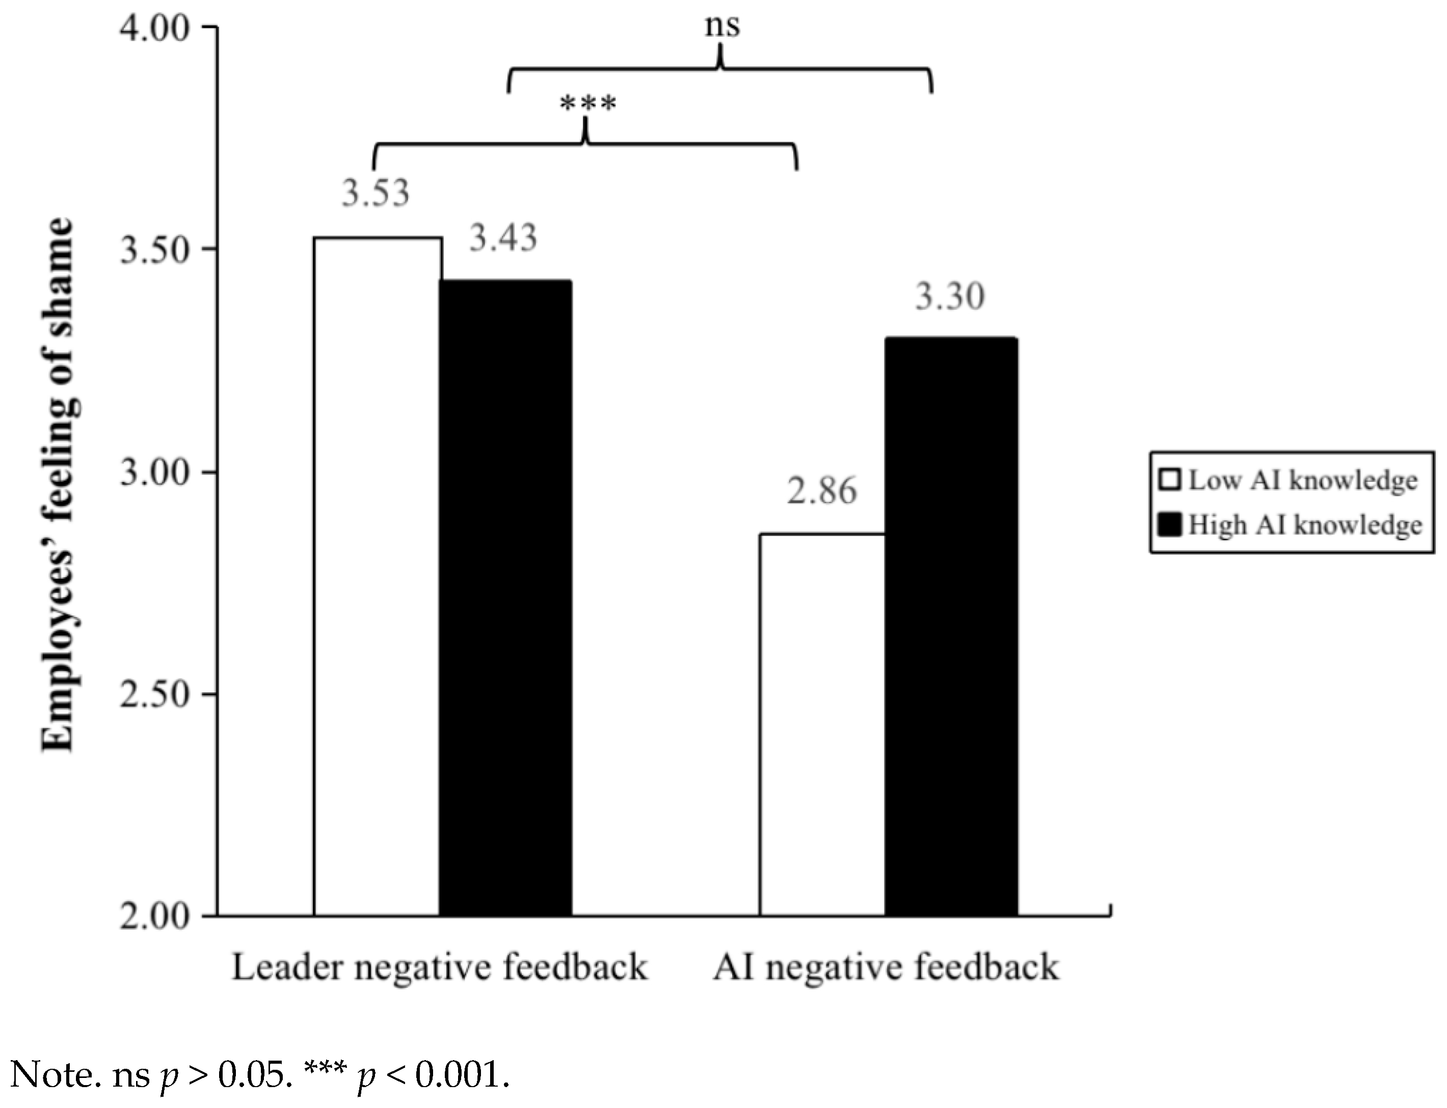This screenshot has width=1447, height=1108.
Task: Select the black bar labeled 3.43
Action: (505, 598)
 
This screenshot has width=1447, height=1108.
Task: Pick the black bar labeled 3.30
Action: (950, 626)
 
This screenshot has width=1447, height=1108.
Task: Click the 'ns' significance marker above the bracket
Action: (722, 27)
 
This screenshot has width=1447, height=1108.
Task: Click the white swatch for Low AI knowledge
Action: (1169, 479)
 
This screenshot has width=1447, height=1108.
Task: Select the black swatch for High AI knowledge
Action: (1169, 525)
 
